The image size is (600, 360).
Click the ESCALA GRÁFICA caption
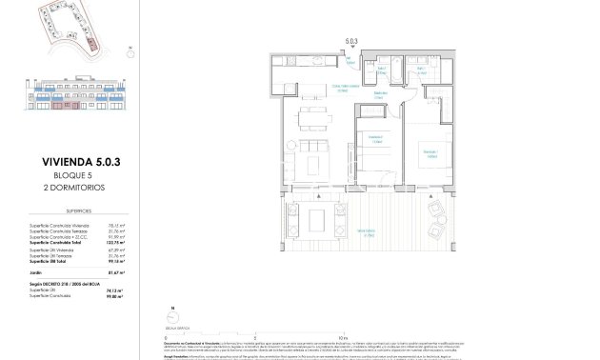(176, 325)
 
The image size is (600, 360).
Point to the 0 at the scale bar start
(165, 336)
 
